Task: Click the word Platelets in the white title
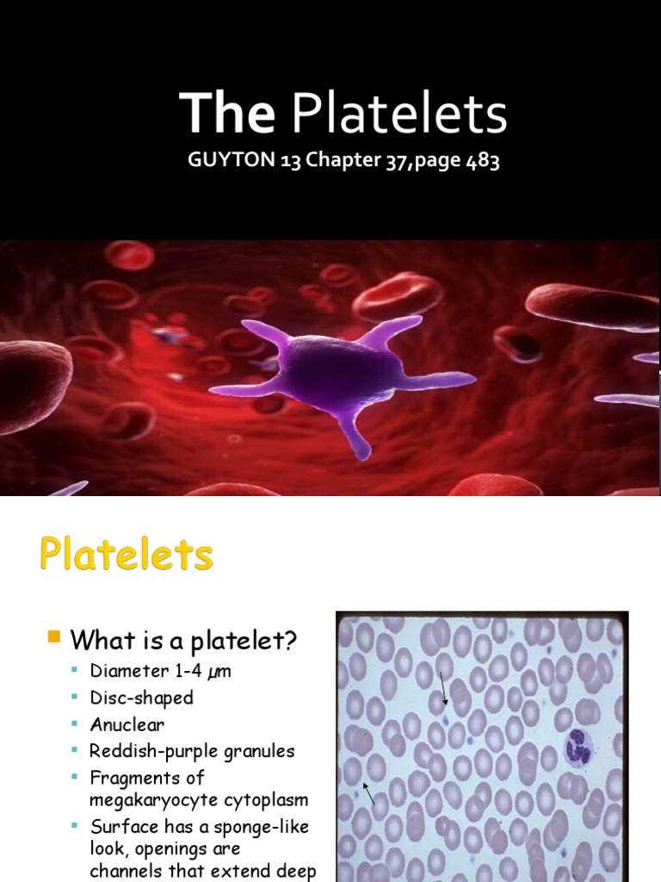[x=400, y=115]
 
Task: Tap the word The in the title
[x=226, y=115]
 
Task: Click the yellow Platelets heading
[x=126, y=555]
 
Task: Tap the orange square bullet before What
[x=53, y=637]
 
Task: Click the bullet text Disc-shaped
[x=142, y=697]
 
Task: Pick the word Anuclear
[x=127, y=724]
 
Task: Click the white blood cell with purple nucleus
[x=576, y=747]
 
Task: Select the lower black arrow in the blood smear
[x=369, y=793]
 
